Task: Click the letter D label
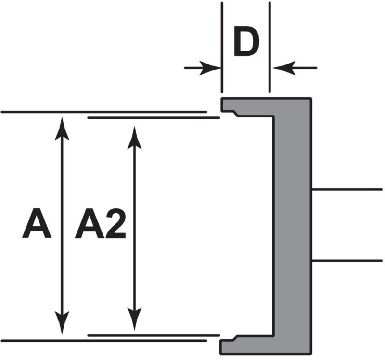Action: (246, 44)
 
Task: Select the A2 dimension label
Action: (101, 224)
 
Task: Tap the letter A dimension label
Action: (37, 224)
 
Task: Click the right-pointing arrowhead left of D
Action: (211, 68)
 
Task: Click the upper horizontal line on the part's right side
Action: (346, 189)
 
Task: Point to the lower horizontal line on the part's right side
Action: (346, 261)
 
